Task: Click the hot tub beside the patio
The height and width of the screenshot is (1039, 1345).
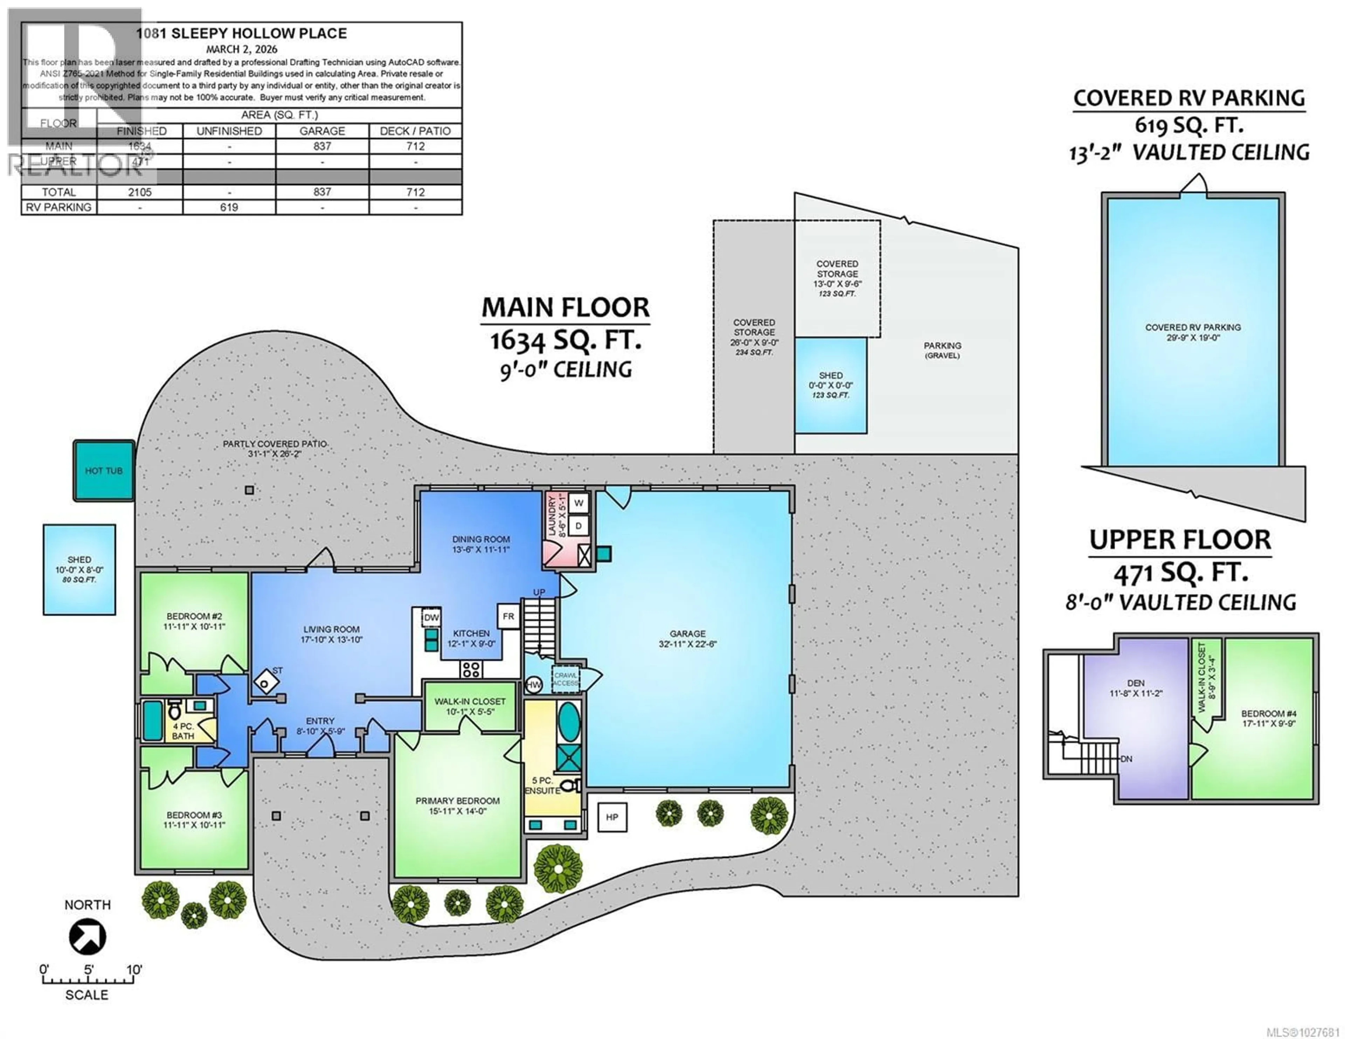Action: click(x=103, y=471)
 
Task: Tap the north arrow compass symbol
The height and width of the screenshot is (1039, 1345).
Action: click(x=87, y=937)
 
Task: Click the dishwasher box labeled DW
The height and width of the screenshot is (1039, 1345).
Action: click(x=431, y=617)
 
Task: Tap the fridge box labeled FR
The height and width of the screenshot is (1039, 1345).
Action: click(x=508, y=617)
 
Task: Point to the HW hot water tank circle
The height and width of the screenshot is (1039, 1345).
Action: click(x=533, y=685)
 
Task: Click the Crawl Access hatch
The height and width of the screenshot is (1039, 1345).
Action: click(x=565, y=679)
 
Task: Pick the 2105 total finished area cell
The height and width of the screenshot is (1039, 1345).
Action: click(x=140, y=192)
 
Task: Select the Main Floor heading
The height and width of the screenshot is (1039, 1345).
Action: click(x=565, y=307)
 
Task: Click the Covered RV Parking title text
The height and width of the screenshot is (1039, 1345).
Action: click(x=1188, y=98)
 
